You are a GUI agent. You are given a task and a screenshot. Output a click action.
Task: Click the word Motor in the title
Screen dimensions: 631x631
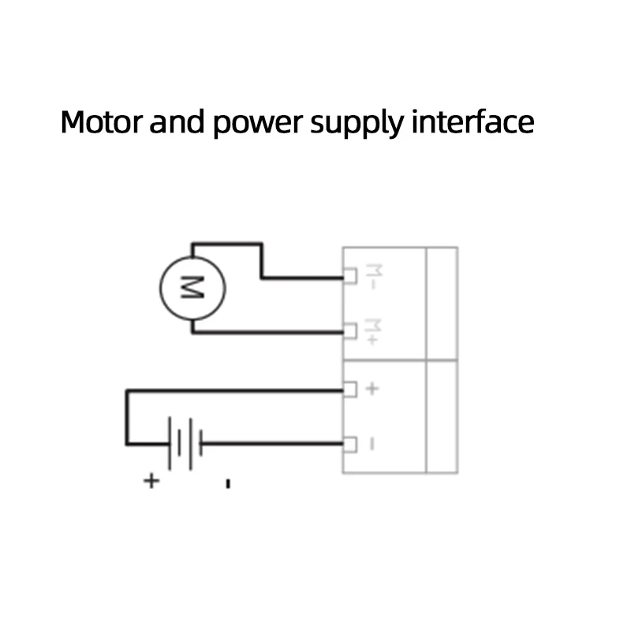(102, 122)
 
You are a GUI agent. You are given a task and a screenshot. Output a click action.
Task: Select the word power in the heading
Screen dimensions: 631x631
(258, 124)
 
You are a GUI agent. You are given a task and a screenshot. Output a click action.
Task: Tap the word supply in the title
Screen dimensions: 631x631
(357, 124)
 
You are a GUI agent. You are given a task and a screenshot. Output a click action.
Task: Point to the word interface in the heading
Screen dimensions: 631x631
(472, 121)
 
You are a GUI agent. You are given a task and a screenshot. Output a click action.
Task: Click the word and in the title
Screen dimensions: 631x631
(177, 122)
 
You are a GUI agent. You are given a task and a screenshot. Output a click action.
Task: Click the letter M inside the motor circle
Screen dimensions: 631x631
(192, 288)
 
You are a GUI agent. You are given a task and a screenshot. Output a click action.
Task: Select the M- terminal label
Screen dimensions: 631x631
(373, 277)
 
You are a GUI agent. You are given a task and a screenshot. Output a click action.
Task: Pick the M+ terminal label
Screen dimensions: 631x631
(372, 331)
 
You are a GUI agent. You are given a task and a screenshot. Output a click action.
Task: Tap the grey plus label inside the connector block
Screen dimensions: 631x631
(372, 389)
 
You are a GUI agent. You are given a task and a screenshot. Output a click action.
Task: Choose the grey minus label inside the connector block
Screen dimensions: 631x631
(372, 444)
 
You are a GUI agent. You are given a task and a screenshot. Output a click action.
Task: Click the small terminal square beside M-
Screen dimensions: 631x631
(349, 276)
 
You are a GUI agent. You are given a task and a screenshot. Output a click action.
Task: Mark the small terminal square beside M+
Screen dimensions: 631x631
(349, 331)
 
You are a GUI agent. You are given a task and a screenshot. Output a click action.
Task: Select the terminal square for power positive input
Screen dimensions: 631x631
(349, 389)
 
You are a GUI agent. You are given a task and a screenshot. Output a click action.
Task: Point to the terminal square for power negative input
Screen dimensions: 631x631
(349, 444)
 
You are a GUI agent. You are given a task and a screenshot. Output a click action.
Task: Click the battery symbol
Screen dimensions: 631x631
(185, 443)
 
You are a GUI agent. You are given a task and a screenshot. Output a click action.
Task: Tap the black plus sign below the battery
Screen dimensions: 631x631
(151, 481)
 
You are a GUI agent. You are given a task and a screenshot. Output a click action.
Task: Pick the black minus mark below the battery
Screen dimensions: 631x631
(228, 484)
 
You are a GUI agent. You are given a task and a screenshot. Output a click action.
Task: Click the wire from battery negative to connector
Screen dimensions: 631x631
(272, 444)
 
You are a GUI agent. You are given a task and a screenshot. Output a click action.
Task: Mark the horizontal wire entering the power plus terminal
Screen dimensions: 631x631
(235, 390)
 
